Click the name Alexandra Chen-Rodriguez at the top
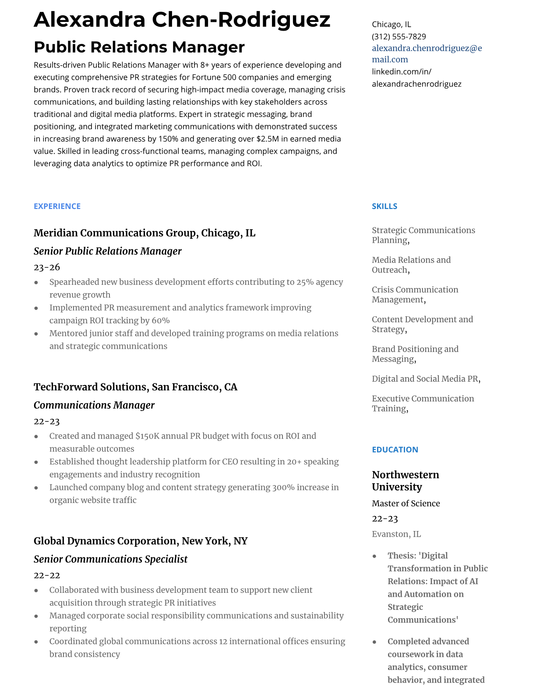(x=182, y=20)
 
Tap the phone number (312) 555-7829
(x=398, y=36)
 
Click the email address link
(x=427, y=53)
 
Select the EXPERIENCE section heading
(x=57, y=206)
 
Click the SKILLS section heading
(x=384, y=206)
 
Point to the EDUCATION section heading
(x=395, y=450)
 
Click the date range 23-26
(x=47, y=267)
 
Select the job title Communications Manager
(x=94, y=405)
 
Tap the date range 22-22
(x=47, y=575)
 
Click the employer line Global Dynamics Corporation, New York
(x=140, y=541)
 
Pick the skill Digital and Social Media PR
(x=426, y=379)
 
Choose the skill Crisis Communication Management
(x=415, y=294)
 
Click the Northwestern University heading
(x=405, y=481)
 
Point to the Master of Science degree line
(x=406, y=503)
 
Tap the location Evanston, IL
(x=396, y=534)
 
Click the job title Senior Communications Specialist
(x=110, y=559)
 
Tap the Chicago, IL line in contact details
(x=391, y=24)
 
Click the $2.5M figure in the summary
(x=267, y=139)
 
